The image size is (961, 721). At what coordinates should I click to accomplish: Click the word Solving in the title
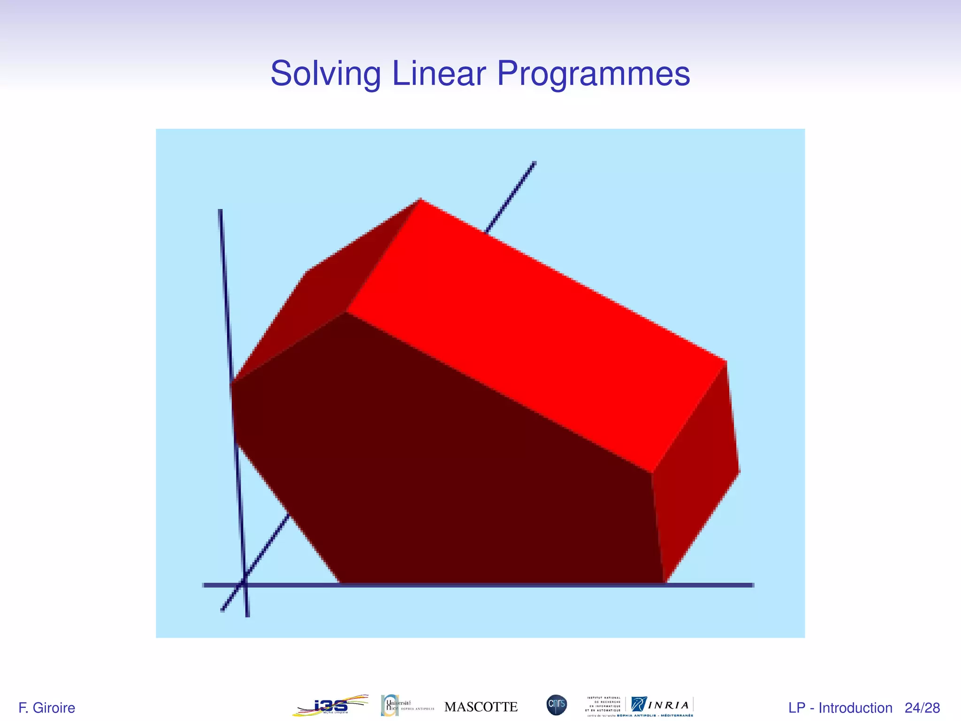325,74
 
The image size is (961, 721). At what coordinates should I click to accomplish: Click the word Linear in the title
439,74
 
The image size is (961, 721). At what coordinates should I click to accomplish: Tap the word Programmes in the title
593,74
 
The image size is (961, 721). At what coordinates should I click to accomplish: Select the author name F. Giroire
46,708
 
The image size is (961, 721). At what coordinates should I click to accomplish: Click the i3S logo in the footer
330,706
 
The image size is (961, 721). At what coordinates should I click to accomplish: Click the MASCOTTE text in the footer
480,707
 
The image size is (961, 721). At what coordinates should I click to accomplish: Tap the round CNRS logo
557,705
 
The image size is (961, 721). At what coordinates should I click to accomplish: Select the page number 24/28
922,708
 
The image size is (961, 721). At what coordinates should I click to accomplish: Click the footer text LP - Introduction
840,708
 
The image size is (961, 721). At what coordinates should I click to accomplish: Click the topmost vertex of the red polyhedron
420,199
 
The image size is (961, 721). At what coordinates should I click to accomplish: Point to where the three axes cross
244,584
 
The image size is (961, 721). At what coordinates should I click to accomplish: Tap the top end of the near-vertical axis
220,211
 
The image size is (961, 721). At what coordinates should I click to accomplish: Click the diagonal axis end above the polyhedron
534,164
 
